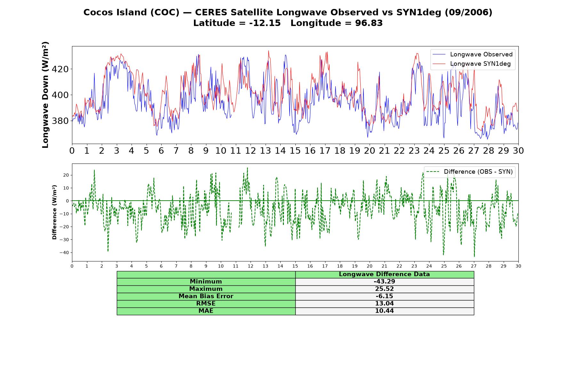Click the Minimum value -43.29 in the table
384,282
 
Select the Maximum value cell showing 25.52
384,289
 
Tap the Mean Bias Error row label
206,296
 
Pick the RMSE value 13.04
384,304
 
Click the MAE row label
206,311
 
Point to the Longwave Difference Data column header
384,274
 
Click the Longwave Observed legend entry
473,54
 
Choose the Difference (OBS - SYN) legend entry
469,172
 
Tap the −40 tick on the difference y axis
64,252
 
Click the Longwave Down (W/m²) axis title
45,95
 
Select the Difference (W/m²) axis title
54,212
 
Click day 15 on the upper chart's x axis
295,150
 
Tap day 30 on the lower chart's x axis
518,266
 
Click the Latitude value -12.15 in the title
265,23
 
